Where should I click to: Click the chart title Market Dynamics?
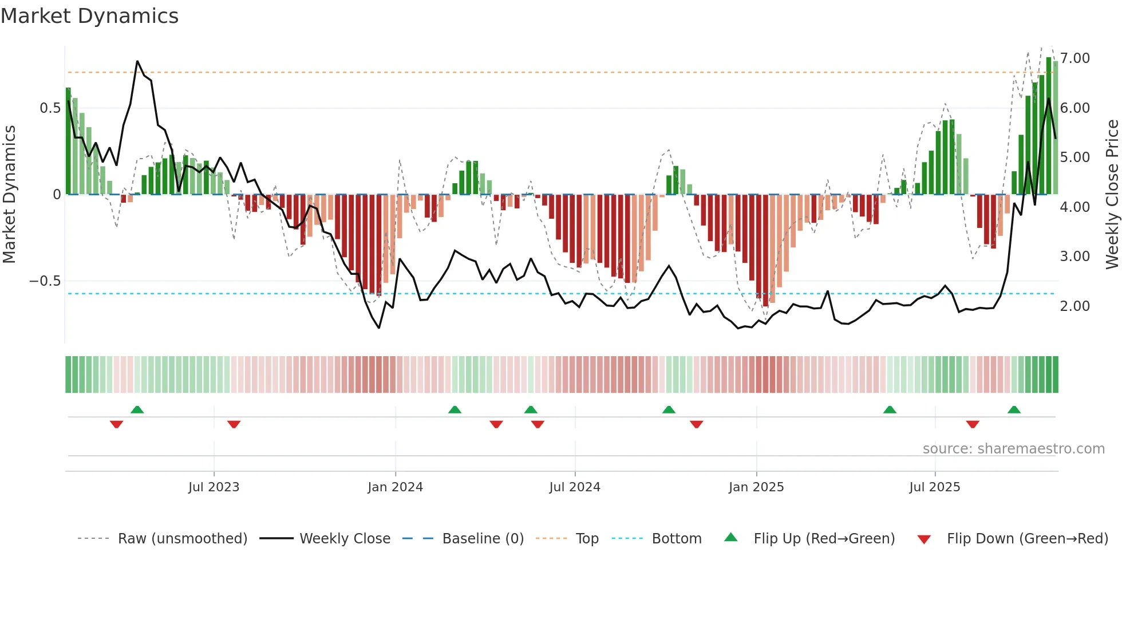[x=89, y=16]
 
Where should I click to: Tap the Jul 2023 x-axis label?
[x=214, y=487]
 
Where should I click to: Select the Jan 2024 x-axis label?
[x=395, y=487]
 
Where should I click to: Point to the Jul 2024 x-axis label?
[x=575, y=487]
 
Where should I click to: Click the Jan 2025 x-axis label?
[x=756, y=487]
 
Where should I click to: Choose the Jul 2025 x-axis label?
[x=935, y=487]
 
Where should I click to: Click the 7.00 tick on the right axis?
[x=1075, y=58]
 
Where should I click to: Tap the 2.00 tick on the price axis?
[x=1075, y=306]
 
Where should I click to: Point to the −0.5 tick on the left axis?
[x=45, y=281]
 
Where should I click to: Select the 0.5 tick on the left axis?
[x=50, y=108]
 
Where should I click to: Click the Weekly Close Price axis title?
[x=1112, y=195]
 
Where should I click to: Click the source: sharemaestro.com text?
[x=1013, y=449]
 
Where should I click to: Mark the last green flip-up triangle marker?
[x=1014, y=410]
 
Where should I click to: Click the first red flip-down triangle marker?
[x=116, y=424]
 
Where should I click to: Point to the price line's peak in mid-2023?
[x=137, y=61]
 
